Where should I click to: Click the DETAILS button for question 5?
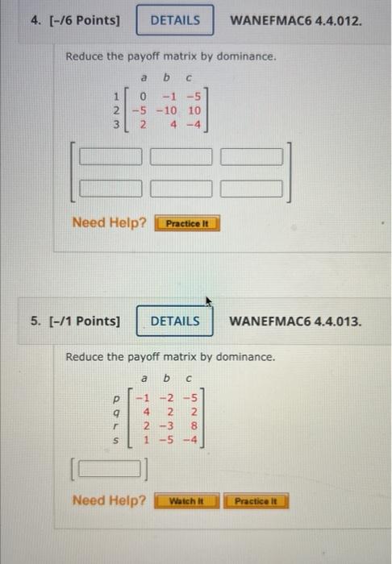175,321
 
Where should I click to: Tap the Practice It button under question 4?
188,222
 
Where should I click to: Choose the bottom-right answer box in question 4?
252,189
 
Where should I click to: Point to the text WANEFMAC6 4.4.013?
296,321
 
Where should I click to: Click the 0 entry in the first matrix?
142,96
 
